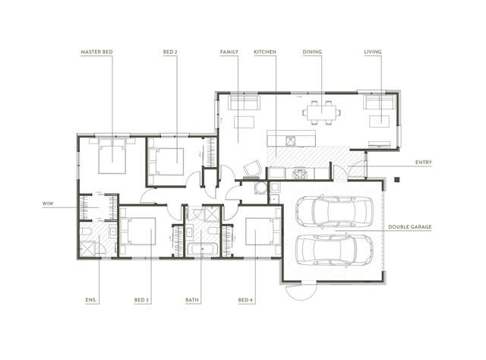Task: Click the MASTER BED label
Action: point(96,52)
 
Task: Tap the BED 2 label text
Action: point(170,52)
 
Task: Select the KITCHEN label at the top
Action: point(264,52)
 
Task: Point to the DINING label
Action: point(311,52)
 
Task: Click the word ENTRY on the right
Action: point(424,163)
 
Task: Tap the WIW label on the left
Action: point(48,204)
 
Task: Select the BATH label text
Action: point(193,301)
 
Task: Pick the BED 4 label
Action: point(245,301)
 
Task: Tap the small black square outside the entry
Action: point(396,179)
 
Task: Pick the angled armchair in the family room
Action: point(252,166)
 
